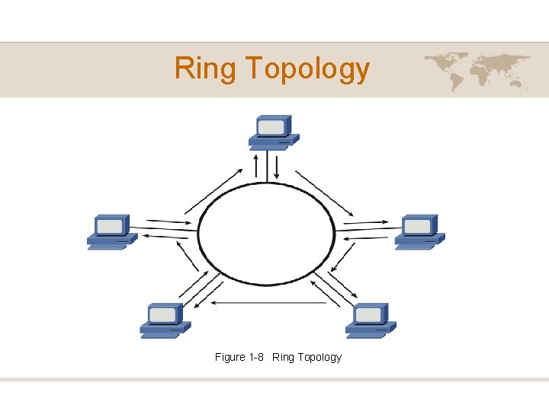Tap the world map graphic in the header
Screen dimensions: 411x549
[x=477, y=70]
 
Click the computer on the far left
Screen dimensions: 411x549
[x=111, y=231]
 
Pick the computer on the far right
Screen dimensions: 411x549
[x=419, y=231]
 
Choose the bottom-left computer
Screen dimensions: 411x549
[x=165, y=320]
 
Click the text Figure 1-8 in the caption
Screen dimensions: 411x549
[x=240, y=357]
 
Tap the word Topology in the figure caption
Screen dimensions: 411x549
[x=319, y=357]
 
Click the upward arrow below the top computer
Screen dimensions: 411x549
[x=255, y=167]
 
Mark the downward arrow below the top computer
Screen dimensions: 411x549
[x=276, y=167]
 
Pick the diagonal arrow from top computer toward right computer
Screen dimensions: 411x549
[x=324, y=193]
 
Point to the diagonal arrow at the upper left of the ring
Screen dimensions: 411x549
[x=210, y=191]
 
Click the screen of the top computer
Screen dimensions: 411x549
[x=270, y=126]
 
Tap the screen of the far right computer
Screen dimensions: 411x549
[x=416, y=226]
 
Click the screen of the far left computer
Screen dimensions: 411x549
[x=108, y=226]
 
